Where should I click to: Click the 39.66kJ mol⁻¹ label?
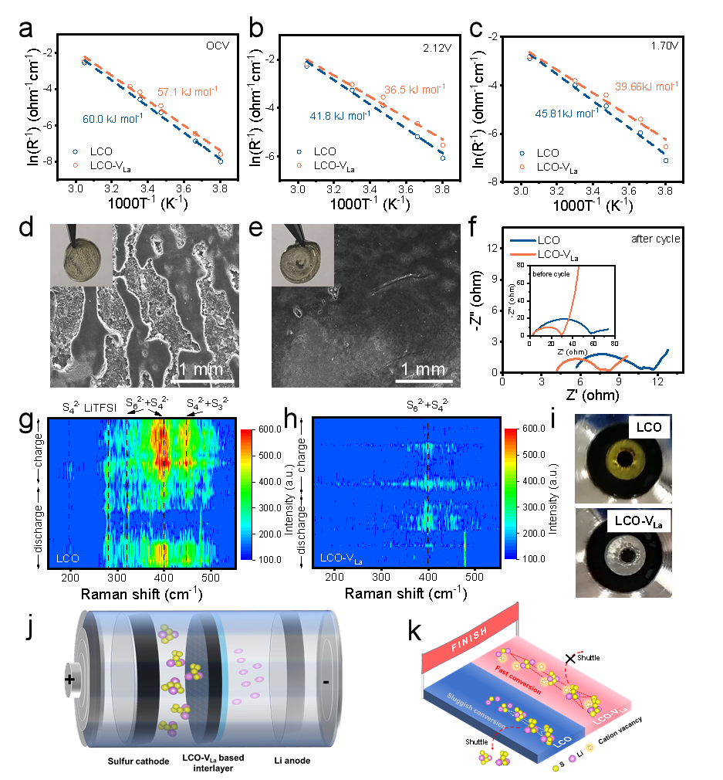(647, 86)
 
